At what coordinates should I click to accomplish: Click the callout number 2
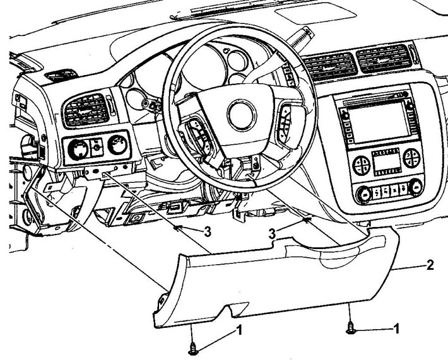click(x=430, y=265)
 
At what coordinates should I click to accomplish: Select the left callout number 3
click(x=208, y=231)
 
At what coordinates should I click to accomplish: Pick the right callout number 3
click(x=273, y=234)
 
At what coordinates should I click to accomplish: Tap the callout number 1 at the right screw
click(x=396, y=329)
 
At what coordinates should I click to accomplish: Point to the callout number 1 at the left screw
click(x=239, y=330)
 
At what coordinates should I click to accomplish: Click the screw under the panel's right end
click(x=351, y=328)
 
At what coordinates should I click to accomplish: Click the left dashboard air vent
click(x=86, y=110)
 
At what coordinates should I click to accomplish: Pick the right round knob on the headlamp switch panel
click(x=117, y=145)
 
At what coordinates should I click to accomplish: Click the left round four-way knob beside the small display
click(x=361, y=165)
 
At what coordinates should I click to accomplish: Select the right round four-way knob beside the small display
click(x=411, y=158)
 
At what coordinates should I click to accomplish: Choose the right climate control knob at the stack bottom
click(x=415, y=187)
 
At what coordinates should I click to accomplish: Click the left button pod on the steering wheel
click(x=197, y=133)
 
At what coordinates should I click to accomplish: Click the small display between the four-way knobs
click(x=387, y=161)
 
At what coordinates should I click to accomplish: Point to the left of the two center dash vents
click(x=329, y=67)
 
